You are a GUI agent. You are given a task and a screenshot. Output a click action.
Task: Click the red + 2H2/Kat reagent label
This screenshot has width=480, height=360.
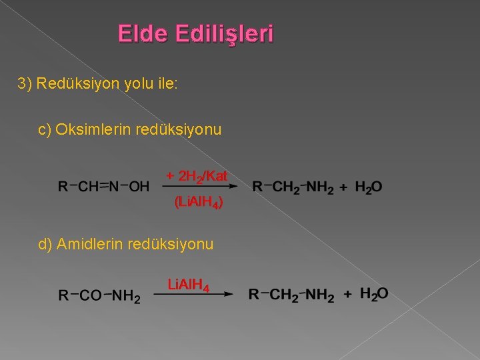coord(197,177)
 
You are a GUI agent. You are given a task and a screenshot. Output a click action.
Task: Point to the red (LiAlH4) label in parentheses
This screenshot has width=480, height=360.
coord(197,203)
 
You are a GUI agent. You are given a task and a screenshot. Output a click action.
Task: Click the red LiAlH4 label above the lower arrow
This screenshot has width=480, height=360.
coord(189,286)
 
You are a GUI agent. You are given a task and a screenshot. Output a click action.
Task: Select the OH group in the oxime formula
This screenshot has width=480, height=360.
coord(139,187)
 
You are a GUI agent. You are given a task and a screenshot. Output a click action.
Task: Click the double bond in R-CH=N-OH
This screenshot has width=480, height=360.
coord(103,187)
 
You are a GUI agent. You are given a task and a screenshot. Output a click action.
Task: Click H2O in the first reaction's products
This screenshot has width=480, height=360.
coord(369,188)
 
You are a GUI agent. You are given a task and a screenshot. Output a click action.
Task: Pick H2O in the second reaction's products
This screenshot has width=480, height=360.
coord(374,293)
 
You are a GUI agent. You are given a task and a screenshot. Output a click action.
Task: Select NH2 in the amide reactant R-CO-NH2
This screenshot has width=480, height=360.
coord(126,295)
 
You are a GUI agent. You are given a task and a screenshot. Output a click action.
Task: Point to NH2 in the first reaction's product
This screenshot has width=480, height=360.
coord(319,188)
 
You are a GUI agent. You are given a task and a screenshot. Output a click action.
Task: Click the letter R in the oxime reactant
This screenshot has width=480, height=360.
coord(63,187)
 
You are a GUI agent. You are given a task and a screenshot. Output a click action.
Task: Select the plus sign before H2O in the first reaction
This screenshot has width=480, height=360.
coord(343,188)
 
